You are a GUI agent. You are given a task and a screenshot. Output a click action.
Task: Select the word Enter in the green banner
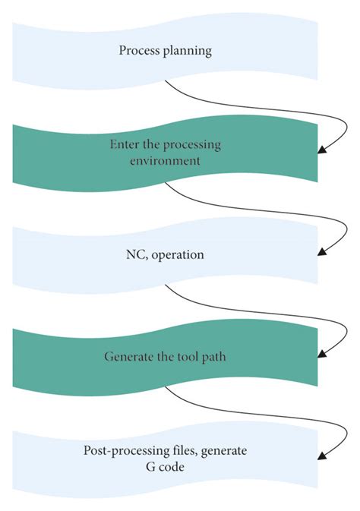tap(125, 146)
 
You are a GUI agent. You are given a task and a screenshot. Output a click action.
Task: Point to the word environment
tap(166, 160)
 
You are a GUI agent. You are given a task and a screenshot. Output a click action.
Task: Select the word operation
tap(178, 256)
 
